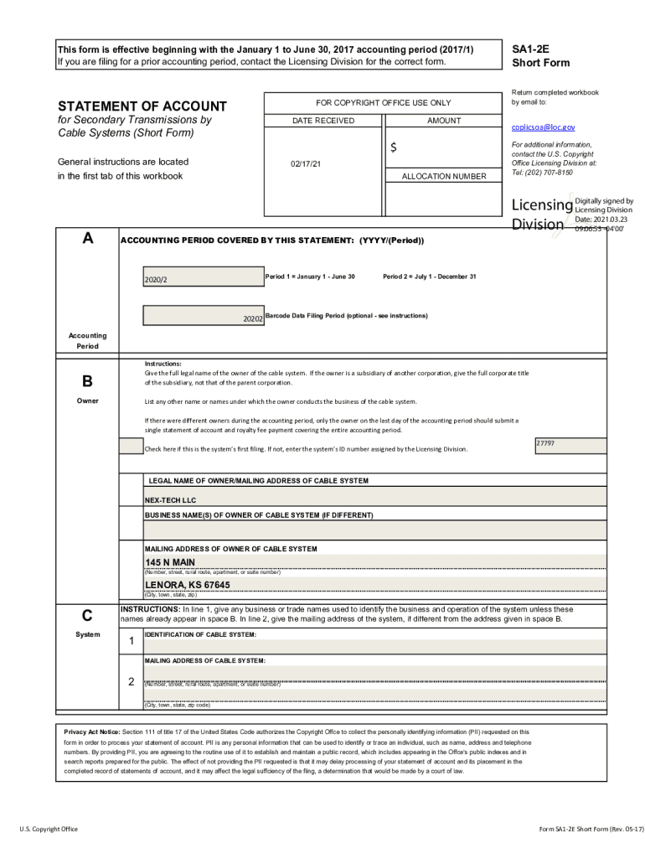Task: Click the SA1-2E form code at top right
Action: point(529,49)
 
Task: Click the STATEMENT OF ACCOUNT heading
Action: point(142,106)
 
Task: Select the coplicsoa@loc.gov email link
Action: point(543,127)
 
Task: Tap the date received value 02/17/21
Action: point(306,164)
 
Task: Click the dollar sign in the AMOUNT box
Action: point(393,148)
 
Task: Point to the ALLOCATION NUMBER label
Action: point(443,177)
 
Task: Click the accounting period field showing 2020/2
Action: point(203,277)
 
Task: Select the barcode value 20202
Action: point(252,319)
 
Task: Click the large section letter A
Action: point(87,239)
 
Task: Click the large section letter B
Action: point(87,382)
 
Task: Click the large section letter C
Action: point(87,613)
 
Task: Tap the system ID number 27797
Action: point(544,442)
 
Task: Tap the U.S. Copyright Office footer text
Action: point(49,829)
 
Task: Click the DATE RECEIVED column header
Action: point(322,121)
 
